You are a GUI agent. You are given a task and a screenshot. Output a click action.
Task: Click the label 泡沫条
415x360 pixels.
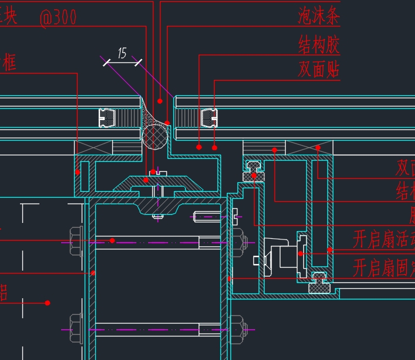319,16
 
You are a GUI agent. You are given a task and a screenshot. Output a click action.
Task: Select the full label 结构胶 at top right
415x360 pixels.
319,44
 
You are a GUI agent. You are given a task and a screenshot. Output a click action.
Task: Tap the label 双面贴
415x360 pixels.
319,69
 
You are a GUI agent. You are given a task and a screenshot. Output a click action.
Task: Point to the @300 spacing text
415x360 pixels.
58,18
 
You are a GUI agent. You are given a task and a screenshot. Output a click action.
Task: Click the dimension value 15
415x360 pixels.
122,54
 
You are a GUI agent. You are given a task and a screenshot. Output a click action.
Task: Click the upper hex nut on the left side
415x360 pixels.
76,241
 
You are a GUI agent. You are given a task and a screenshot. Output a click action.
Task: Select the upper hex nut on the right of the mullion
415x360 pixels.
237,241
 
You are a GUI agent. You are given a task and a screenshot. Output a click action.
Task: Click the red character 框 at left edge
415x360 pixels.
8,63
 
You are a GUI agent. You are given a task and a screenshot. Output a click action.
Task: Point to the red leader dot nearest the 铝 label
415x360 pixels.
48,303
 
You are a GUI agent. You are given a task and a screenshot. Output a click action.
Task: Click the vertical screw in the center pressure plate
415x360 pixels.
157,194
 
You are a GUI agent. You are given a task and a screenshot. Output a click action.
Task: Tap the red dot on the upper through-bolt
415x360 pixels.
112,241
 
